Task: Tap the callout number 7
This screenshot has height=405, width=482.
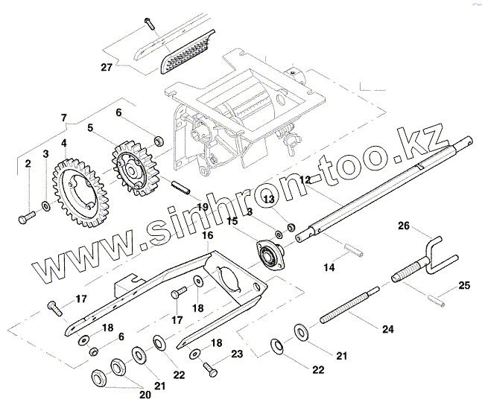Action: pyautogui.click(x=63, y=118)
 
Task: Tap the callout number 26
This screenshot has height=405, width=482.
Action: pyautogui.click(x=403, y=226)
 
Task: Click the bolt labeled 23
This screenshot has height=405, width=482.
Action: pyautogui.click(x=212, y=366)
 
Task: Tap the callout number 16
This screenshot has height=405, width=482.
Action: pyautogui.click(x=206, y=235)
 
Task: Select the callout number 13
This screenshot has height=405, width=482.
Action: pyautogui.click(x=269, y=200)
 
